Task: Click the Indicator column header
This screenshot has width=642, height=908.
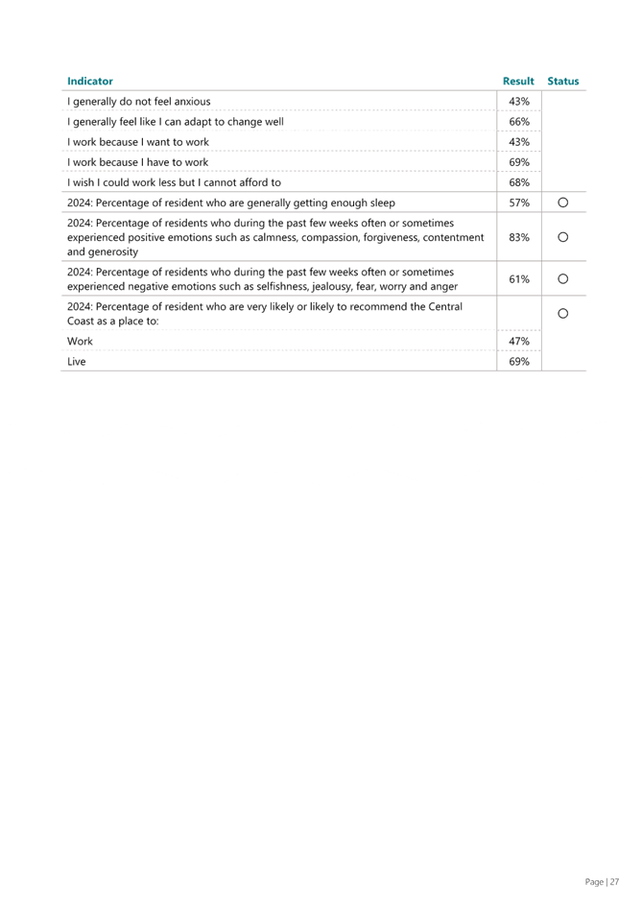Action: pyautogui.click(x=90, y=81)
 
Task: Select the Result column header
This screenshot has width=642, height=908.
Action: pyautogui.click(x=518, y=81)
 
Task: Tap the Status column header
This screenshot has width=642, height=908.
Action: pyautogui.click(x=563, y=81)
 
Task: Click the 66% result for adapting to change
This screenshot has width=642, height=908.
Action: pyautogui.click(x=519, y=122)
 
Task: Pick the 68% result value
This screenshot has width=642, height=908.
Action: pyautogui.click(x=519, y=182)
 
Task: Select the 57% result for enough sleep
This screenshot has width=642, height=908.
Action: pyautogui.click(x=519, y=203)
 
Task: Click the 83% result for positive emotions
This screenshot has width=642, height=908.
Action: pyautogui.click(x=519, y=237)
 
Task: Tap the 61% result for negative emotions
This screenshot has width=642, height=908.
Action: pyautogui.click(x=519, y=279)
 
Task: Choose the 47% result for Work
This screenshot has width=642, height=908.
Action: pyautogui.click(x=519, y=341)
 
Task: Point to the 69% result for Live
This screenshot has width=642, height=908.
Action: pyautogui.click(x=519, y=361)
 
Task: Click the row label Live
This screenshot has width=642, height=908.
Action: pyautogui.click(x=77, y=361)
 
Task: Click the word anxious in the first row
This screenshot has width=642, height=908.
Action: pyautogui.click(x=192, y=102)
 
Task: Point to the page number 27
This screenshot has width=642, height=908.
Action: pyautogui.click(x=614, y=882)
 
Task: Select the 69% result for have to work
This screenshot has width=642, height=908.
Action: pyautogui.click(x=519, y=162)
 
